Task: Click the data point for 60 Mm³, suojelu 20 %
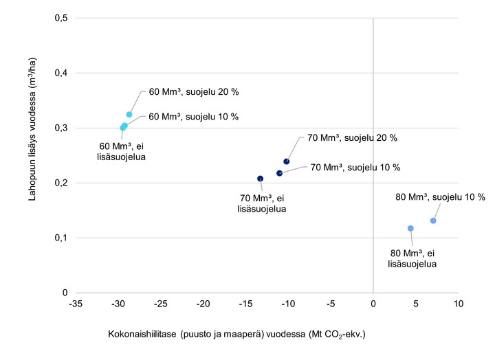tap(129, 115)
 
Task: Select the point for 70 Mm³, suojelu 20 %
tap(287, 161)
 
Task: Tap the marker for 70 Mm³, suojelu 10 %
tap(279, 173)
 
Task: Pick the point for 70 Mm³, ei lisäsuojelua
tap(261, 179)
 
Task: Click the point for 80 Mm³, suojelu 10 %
tap(433, 221)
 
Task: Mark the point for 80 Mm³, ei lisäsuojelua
tap(410, 228)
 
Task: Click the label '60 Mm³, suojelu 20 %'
tap(194, 91)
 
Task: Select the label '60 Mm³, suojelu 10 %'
tap(194, 117)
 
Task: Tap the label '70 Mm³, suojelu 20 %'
tap(353, 137)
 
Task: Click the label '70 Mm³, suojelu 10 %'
tap(355, 167)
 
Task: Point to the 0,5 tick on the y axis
tap(61, 18)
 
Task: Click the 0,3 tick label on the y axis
tap(61, 128)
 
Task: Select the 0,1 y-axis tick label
tap(61, 238)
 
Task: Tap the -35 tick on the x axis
tap(76, 303)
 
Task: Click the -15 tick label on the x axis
tap(245, 303)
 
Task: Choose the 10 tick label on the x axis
tap(458, 303)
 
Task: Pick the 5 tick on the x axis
tap(416, 303)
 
